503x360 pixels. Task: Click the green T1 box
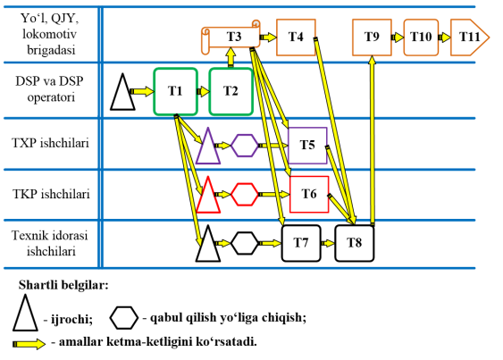point(175,91)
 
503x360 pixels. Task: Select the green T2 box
point(231,91)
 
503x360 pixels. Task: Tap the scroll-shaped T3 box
point(231,37)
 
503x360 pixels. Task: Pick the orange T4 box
point(296,38)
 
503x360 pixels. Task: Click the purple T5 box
point(307,146)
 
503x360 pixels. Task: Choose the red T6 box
point(309,194)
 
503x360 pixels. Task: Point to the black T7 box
point(301,243)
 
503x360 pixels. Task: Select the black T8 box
point(355,243)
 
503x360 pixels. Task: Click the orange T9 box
point(372,38)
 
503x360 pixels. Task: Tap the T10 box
point(421,38)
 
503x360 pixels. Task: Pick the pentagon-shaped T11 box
point(470,38)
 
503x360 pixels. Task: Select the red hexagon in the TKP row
point(245,195)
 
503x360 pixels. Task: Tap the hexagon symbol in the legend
point(124,318)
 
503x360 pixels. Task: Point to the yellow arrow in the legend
point(29,344)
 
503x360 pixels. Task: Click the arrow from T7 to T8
point(328,243)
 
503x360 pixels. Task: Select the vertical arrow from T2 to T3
point(231,58)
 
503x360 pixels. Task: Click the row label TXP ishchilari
point(50,143)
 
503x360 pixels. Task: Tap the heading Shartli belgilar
point(63,285)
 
